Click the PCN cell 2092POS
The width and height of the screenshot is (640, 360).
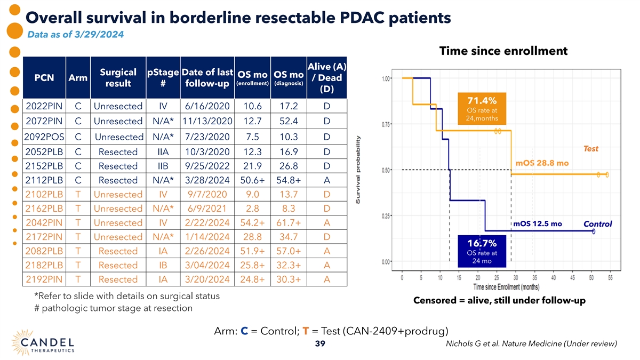click(44, 137)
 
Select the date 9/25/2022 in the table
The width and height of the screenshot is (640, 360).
click(207, 166)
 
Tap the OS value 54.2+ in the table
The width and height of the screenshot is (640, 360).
click(252, 222)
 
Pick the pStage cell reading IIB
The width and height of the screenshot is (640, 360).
click(163, 166)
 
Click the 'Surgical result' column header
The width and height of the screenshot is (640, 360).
click(118, 78)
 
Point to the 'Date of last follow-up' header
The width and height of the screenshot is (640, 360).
click(207, 78)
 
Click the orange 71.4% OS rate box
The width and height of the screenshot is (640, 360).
click(482, 109)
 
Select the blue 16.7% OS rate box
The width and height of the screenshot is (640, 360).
click(482, 251)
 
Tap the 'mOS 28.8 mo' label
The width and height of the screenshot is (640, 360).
click(542, 163)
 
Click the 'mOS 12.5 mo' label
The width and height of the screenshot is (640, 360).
click(538, 223)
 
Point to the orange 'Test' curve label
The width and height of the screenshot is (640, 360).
click(590, 149)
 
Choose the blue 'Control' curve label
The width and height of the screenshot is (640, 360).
click(598, 224)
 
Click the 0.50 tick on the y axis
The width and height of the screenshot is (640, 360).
click(386, 170)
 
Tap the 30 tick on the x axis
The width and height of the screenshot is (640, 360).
click(515, 278)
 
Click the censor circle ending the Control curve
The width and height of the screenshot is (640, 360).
click(594, 231)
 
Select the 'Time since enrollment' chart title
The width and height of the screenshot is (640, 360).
click(503, 51)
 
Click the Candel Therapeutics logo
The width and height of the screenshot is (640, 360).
click(43, 342)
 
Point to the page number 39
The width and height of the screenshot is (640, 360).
click(320, 343)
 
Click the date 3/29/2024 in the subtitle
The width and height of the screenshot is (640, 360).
click(99, 35)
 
